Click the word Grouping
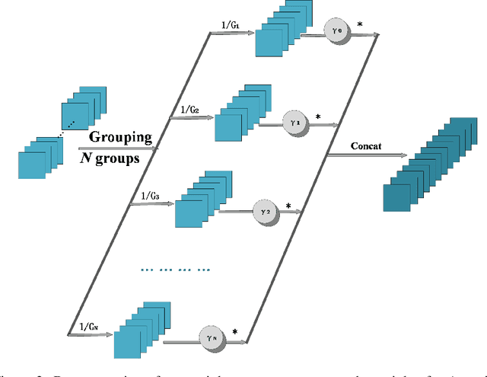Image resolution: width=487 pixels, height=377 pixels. (x=121, y=138)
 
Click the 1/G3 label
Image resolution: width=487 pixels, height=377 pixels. (x=150, y=196)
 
